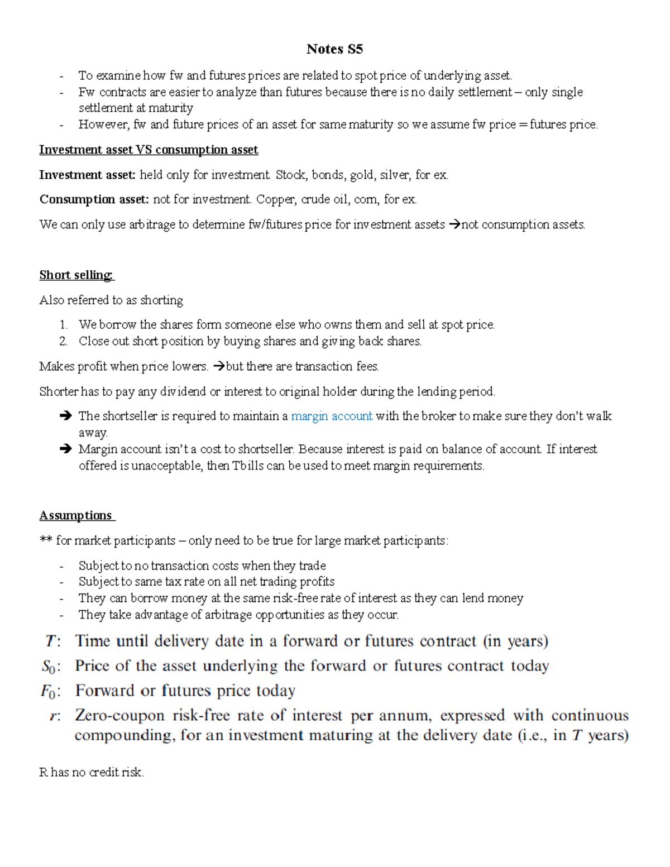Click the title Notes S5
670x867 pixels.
[334, 49]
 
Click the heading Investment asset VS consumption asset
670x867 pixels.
[149, 150]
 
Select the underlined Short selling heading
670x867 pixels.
[76, 275]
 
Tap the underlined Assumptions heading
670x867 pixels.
[76, 515]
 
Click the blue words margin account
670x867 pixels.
[332, 416]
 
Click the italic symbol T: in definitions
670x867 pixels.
[52, 641]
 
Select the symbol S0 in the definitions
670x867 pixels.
[50, 667]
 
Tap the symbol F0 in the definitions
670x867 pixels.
[50, 692]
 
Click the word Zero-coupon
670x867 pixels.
[120, 716]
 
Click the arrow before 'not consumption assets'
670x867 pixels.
[454, 225]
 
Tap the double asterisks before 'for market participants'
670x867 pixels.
[46, 540]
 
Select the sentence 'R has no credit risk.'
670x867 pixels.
[92, 772]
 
